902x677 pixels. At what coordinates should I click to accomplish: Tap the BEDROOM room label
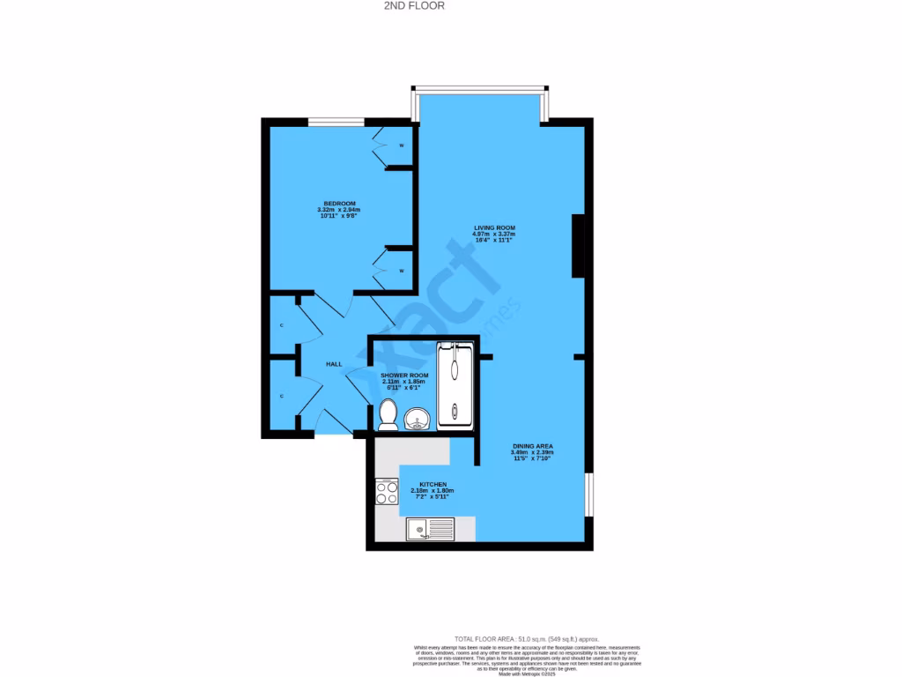coord(339,204)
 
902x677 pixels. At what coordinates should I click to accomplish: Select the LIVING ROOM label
coord(494,227)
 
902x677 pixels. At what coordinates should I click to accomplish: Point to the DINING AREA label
coord(533,446)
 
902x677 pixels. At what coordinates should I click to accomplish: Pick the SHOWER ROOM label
coord(404,376)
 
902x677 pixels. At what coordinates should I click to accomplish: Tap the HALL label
coord(334,364)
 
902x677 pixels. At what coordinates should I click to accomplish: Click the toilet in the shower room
coord(388,414)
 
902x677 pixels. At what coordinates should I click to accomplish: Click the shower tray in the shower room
coord(455,386)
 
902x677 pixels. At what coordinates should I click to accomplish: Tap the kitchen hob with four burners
coord(387,491)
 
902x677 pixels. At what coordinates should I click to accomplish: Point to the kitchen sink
coord(429,529)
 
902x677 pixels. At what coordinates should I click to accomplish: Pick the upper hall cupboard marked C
coord(283,325)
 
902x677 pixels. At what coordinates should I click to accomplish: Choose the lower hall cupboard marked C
coord(283,396)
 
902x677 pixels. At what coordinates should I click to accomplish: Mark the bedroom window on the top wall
coord(336,122)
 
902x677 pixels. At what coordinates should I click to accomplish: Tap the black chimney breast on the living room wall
coord(578,247)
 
